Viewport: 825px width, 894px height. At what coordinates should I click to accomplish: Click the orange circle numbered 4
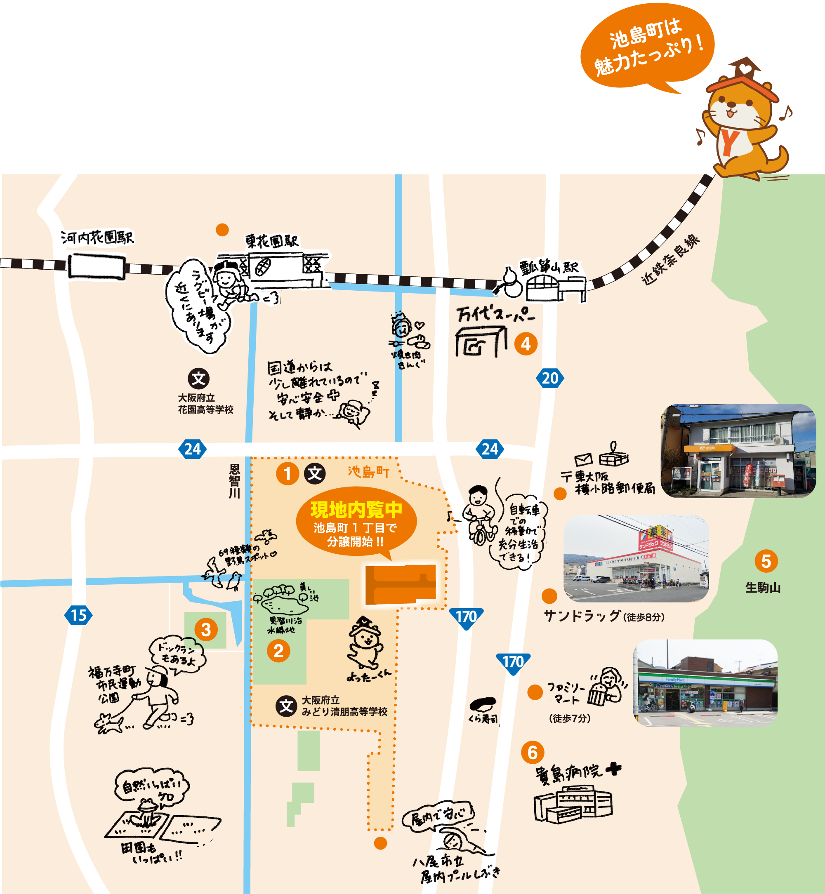[526, 344]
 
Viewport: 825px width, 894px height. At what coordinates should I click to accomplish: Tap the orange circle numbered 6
[533, 753]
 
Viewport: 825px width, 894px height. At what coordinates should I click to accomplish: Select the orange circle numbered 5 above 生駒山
[766, 561]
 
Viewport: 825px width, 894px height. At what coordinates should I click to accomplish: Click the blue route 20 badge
[550, 379]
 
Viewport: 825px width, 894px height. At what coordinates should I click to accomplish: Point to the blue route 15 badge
[78, 616]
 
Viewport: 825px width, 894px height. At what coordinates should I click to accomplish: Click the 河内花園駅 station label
[97, 238]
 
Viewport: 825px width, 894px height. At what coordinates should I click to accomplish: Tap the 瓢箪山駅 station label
[549, 267]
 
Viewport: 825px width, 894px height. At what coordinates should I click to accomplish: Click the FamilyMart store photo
[705, 682]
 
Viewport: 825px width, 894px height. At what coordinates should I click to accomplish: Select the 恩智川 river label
[234, 481]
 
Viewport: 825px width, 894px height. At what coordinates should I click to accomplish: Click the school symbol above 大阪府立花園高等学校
[199, 379]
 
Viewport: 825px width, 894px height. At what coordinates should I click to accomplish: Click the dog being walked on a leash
[108, 722]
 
